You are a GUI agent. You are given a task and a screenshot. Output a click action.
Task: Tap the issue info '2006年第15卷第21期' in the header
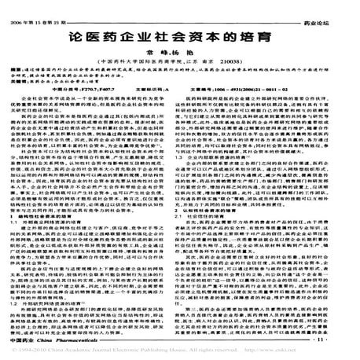48,6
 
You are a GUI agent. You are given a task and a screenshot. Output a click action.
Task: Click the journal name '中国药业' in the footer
31,340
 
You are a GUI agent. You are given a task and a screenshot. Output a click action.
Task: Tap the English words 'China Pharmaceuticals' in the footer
71,340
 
